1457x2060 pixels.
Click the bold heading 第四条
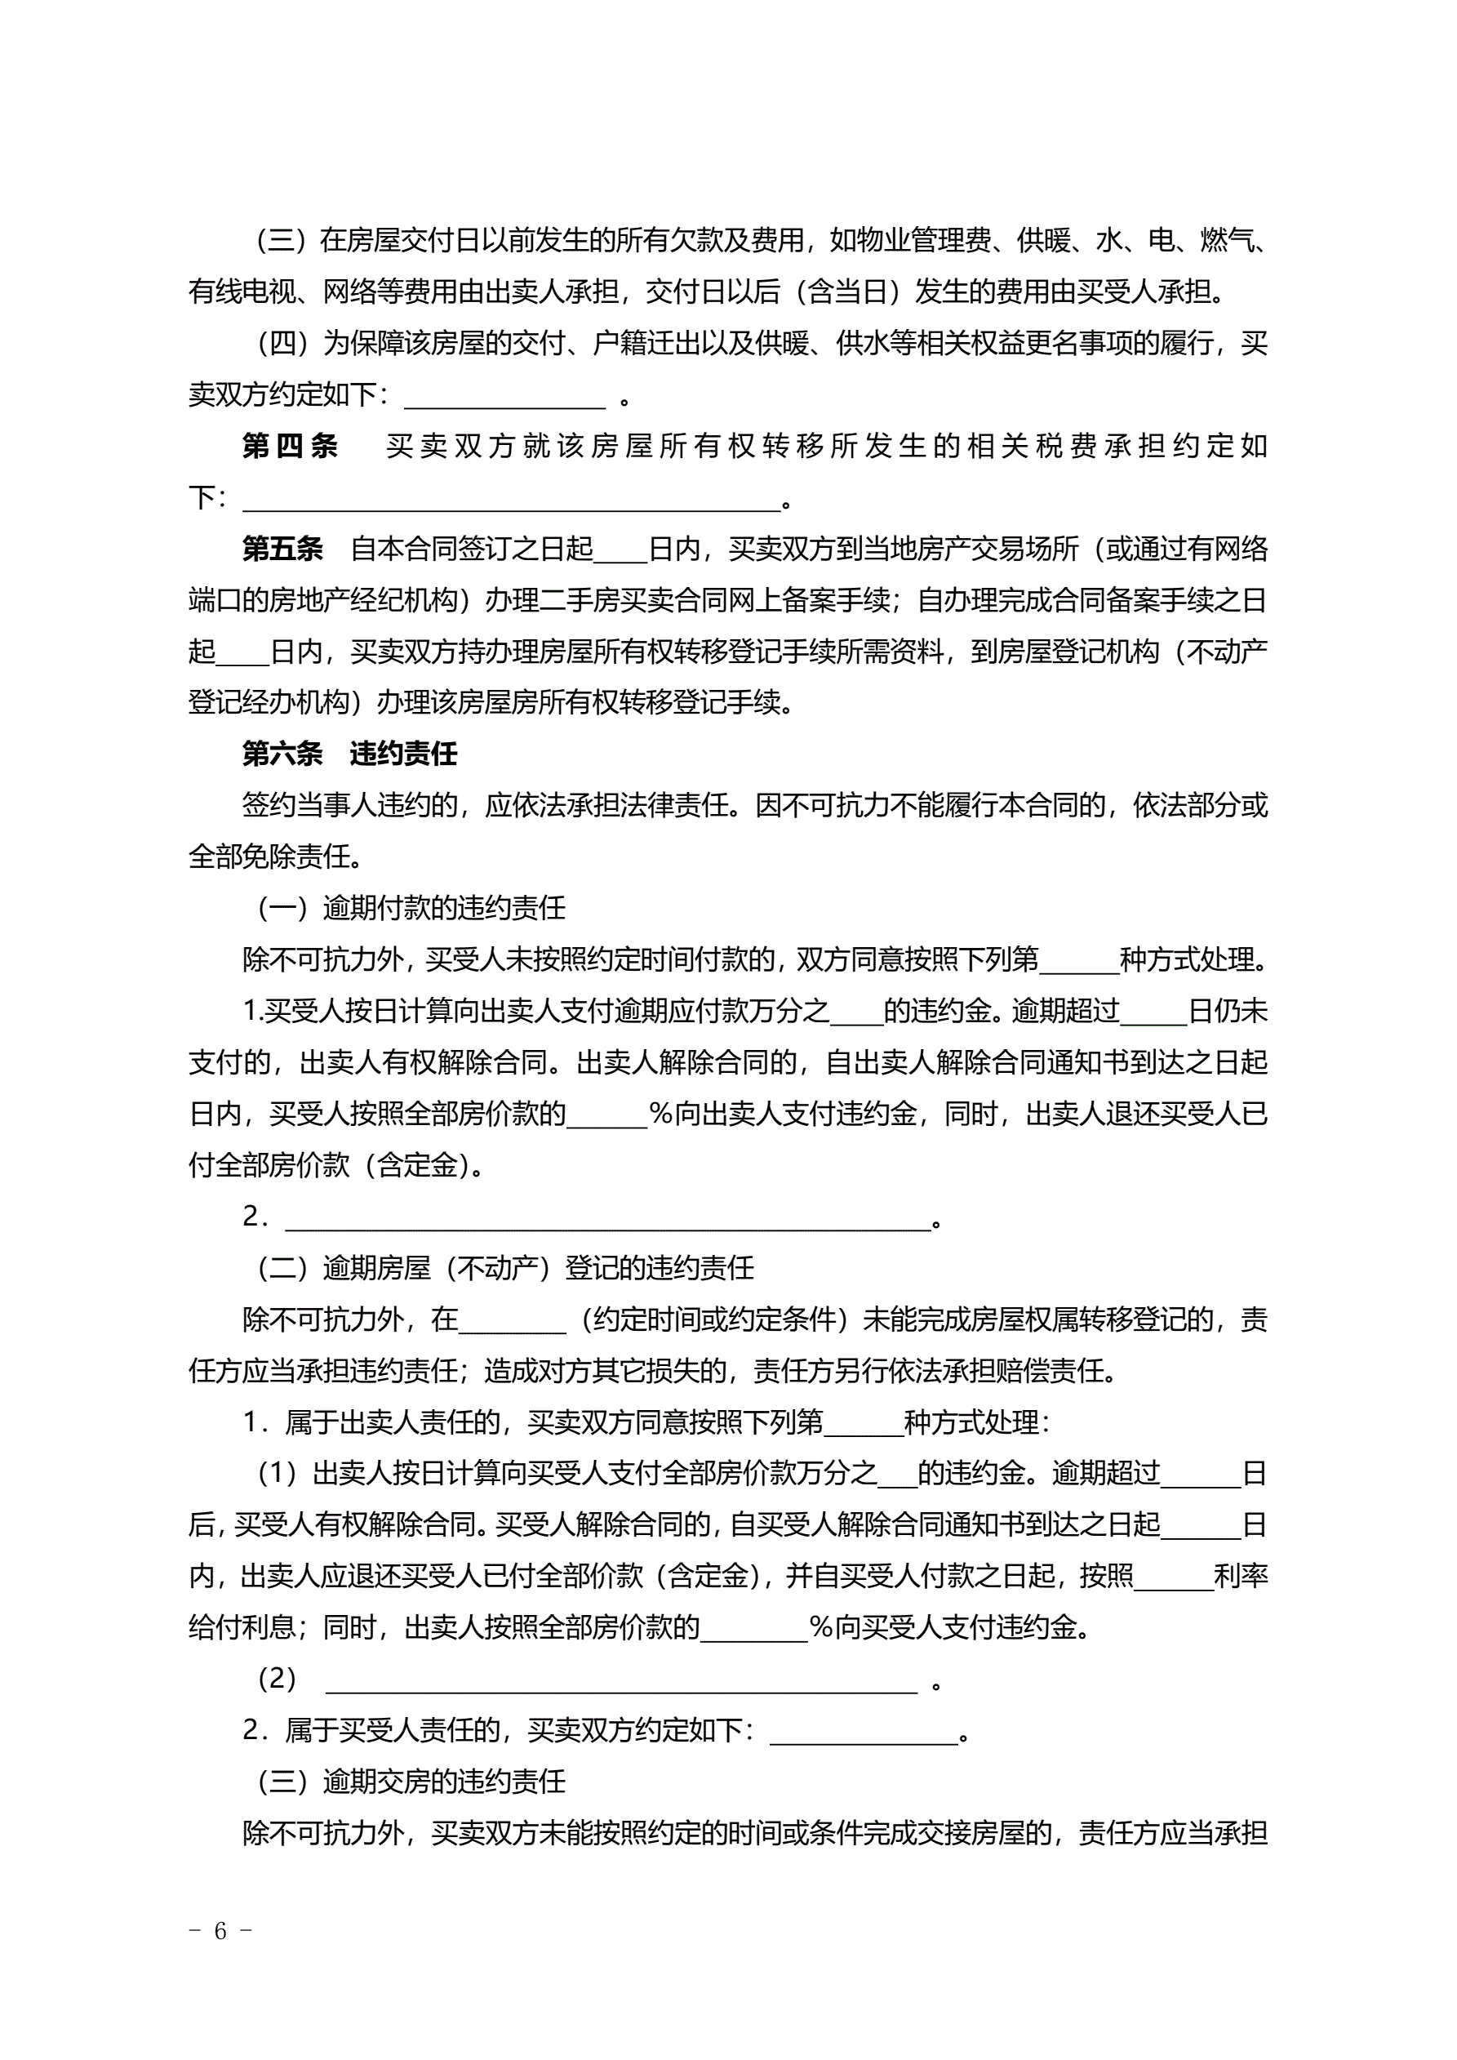(289, 446)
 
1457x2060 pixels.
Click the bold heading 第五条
(282, 548)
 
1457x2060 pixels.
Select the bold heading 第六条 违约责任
(349, 754)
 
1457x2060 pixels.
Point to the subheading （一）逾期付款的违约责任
(411, 908)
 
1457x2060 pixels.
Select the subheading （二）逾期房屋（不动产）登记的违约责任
(505, 1268)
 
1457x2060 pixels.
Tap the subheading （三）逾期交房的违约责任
(411, 1781)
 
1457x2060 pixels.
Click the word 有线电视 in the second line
(242, 291)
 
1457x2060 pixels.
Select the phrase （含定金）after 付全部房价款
(418, 1164)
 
